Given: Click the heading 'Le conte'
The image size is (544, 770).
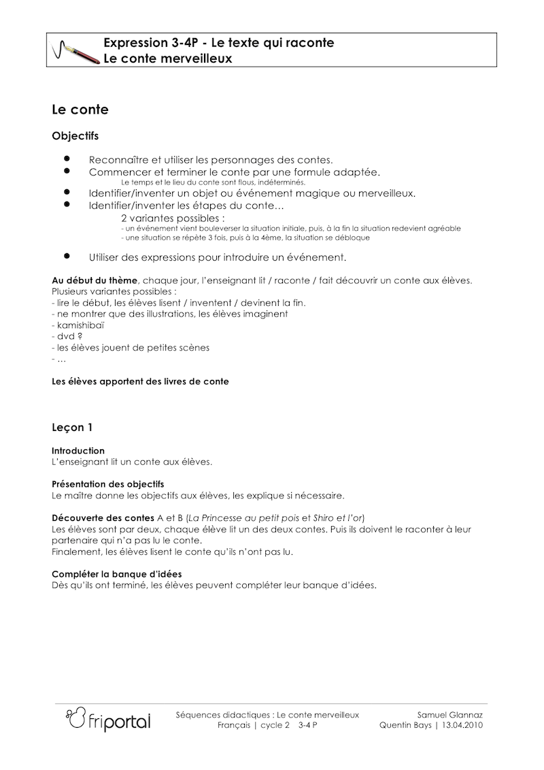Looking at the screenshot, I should pos(80,110).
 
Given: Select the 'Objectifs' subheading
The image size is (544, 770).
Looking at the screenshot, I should pos(75,136).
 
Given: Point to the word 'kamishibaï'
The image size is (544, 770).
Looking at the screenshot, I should pos(79,325).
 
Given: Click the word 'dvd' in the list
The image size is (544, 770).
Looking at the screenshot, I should pos(65,336).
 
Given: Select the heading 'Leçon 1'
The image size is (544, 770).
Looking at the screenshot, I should pos(72,428).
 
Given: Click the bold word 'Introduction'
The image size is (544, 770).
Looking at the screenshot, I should pos(78,451).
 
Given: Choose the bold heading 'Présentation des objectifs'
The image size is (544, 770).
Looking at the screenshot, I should pos(108,484).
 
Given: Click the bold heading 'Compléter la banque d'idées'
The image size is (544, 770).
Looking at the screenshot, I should pos(116,574).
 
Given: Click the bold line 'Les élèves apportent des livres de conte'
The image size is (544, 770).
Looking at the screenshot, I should pos(140,381).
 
